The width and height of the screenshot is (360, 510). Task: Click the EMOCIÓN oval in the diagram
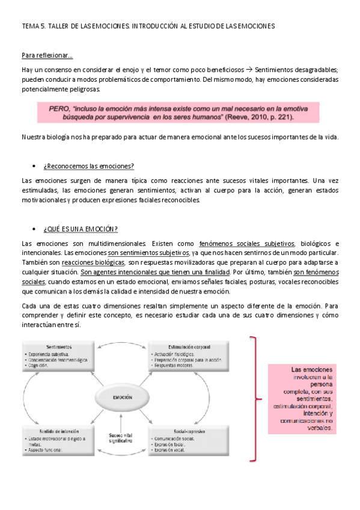(122, 398)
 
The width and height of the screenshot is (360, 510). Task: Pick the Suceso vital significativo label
(121, 438)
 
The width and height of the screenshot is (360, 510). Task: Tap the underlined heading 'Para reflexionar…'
(47, 56)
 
